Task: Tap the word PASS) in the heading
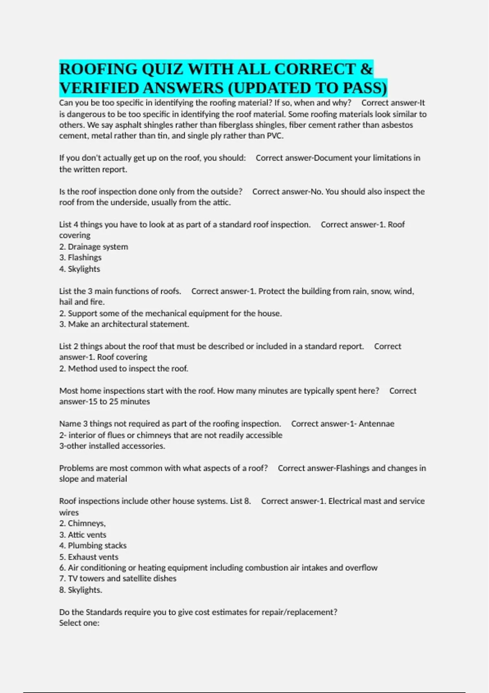pyautogui.click(x=365, y=88)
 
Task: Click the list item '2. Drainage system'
pyautogui.click(x=93, y=247)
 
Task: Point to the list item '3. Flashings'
pyautogui.click(x=80, y=258)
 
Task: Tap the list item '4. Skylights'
pyautogui.click(x=79, y=269)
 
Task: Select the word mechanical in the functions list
pyautogui.click(x=166, y=313)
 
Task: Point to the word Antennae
pyautogui.click(x=376, y=424)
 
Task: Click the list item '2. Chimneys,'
pyautogui.click(x=82, y=523)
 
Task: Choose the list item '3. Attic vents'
pyautogui.click(x=83, y=535)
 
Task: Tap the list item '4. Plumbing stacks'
pyautogui.click(x=93, y=545)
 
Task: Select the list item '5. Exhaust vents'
pyautogui.click(x=89, y=557)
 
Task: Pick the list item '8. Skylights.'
pyautogui.click(x=81, y=590)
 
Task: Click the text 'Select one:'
pyautogui.click(x=79, y=623)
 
